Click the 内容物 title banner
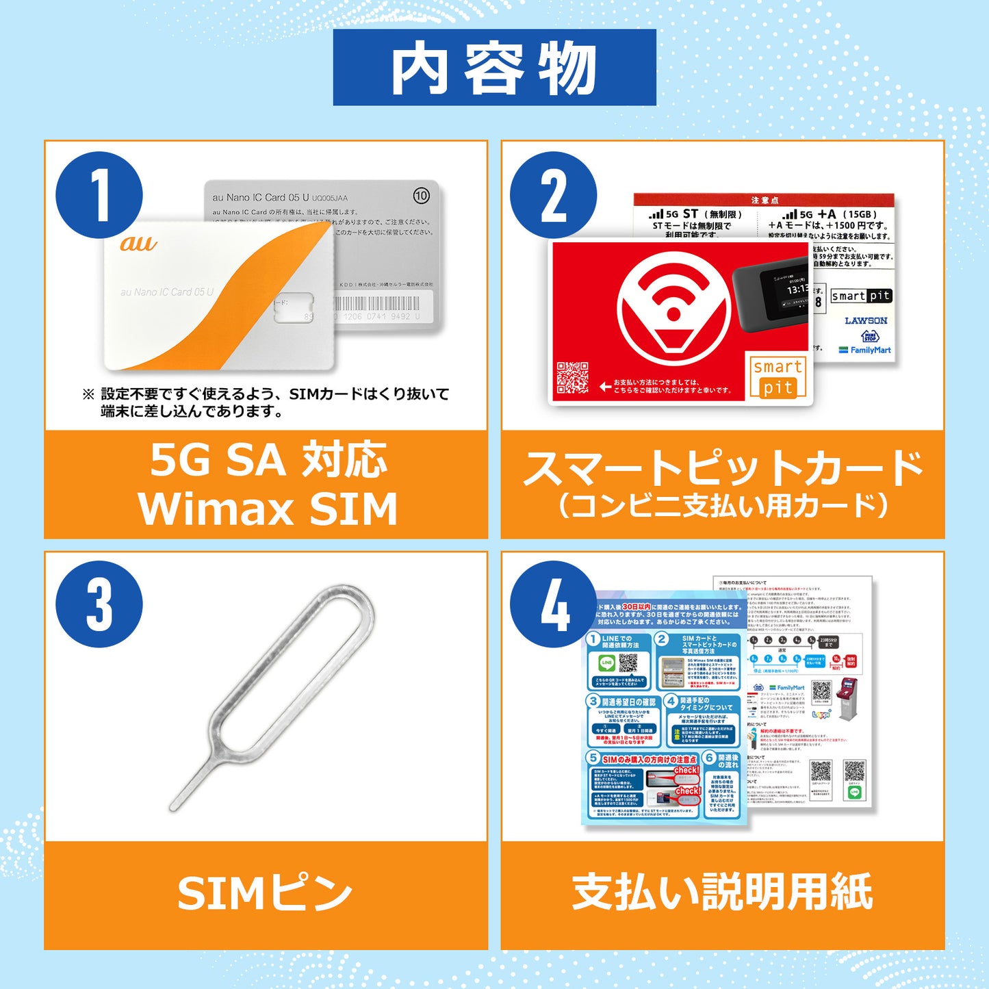pos(494,68)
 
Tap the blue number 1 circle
pos(99,195)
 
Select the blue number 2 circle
pos(553,195)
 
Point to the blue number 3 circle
pos(99,604)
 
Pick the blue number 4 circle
pos(553,604)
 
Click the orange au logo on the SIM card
pos(138,244)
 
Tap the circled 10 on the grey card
pos(421,196)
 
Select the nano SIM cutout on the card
pos(294,307)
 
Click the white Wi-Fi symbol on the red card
pos(672,305)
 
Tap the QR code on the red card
pos(572,377)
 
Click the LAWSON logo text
pos(866,320)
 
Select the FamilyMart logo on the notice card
pos(865,350)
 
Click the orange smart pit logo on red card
pos(778,377)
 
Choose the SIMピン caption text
pos(266,894)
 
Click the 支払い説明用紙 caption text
pos(722,892)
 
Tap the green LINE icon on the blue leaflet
pos(606,663)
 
